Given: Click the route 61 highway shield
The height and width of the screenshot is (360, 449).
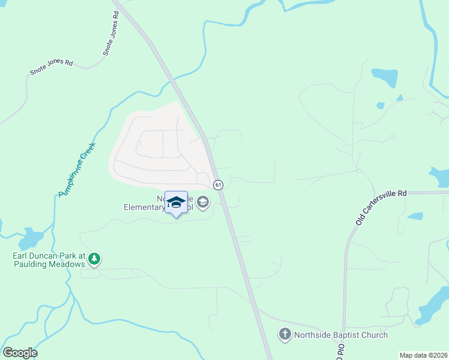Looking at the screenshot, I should click(218, 184).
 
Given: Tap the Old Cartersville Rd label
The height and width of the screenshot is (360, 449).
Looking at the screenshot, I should click(381, 208).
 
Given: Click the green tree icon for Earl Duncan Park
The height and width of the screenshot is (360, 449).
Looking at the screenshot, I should click(94, 259).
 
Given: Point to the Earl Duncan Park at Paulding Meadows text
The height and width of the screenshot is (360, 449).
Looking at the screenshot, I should click(49, 260).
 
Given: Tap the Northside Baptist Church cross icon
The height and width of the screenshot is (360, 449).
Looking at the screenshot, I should click(285, 335).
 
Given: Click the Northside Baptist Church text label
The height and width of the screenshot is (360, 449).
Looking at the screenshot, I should click(340, 335).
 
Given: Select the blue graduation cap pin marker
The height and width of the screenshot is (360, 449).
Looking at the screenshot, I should click(176, 203).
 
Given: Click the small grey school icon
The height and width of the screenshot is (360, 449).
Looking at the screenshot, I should click(203, 202).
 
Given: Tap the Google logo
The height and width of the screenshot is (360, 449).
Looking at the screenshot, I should click(20, 353).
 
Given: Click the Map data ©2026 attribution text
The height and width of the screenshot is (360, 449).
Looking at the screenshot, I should click(423, 355).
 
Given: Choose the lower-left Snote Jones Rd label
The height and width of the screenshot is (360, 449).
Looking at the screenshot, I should click(51, 67).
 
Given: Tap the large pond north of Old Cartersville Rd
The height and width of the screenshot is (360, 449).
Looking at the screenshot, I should click(385, 77).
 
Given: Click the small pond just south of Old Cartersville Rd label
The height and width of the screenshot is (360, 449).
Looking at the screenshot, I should click(415, 216).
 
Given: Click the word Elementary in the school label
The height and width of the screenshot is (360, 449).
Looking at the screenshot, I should click(144, 208).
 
